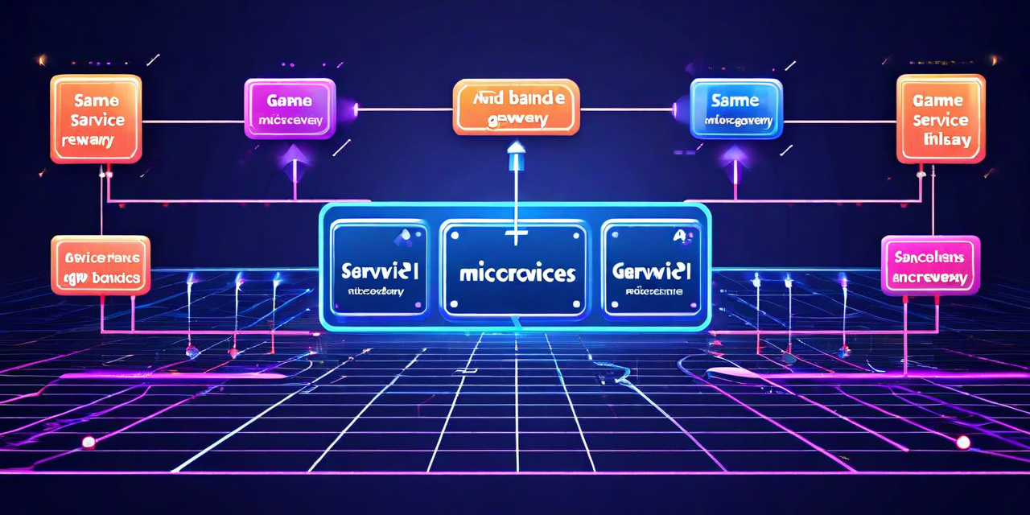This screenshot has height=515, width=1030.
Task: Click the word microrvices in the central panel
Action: tap(517, 274)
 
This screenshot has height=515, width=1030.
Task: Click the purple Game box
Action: tap(289, 109)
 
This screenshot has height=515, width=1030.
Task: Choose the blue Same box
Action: tap(735, 109)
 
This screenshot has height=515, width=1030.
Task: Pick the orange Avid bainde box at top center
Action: tap(516, 106)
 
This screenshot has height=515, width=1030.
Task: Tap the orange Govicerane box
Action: tap(101, 265)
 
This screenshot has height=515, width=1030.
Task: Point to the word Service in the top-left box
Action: tap(97, 120)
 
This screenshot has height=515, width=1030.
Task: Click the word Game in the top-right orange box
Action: tap(938, 101)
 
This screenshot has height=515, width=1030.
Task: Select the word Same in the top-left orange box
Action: tap(96, 101)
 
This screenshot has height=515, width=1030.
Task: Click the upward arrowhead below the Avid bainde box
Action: tap(516, 148)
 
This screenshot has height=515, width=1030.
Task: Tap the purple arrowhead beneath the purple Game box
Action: tap(294, 154)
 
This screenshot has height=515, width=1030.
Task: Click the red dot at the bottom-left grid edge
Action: tap(88, 442)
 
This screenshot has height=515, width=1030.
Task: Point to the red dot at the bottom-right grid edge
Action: tap(962, 442)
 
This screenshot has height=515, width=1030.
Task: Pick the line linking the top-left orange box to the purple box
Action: tap(192, 122)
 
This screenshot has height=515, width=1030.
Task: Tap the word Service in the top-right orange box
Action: tap(941, 120)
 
